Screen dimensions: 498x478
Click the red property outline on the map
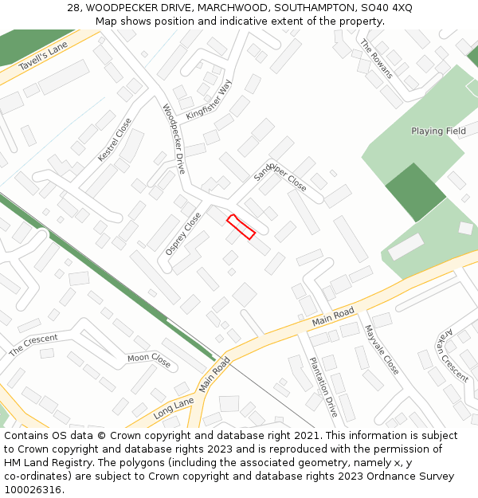[x=241, y=226]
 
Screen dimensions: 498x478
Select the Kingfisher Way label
[x=208, y=100]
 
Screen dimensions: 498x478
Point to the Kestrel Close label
[x=114, y=140]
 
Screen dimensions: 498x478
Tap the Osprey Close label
[x=183, y=233]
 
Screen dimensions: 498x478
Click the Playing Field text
[x=438, y=131]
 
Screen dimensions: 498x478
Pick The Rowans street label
[x=377, y=58]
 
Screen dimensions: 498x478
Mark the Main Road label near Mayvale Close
[x=333, y=316]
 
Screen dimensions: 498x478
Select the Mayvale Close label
[x=381, y=350]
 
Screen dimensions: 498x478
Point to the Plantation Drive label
[x=323, y=386]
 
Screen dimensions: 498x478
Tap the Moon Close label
[x=149, y=359]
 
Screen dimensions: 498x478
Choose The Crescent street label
[x=33, y=345]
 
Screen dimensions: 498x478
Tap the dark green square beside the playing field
[x=415, y=191]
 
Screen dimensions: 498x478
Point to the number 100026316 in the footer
[x=33, y=489]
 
